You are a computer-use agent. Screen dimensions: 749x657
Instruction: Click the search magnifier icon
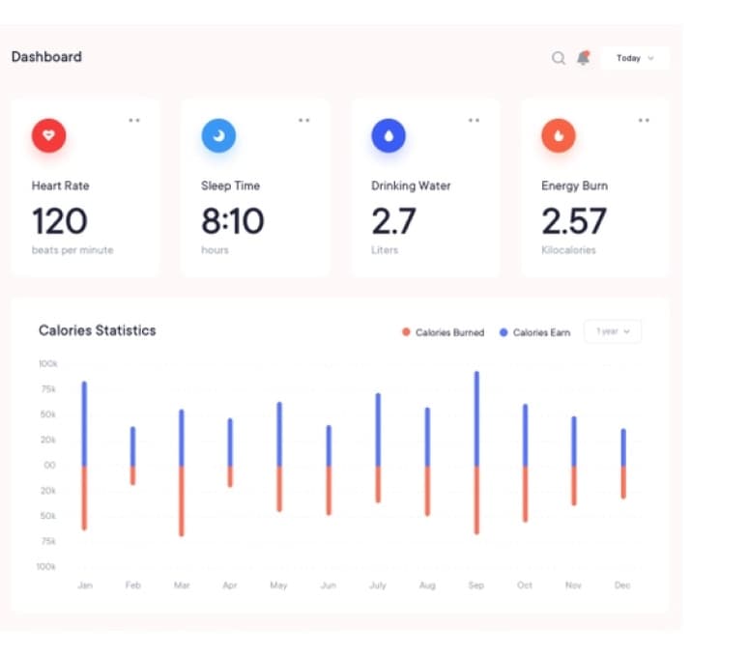coord(559,58)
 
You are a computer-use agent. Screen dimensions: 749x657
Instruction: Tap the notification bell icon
coord(583,58)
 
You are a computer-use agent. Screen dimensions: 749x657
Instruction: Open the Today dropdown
coord(635,58)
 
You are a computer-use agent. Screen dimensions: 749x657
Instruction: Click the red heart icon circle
coord(48,135)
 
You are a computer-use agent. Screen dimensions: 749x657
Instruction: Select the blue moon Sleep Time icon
coord(218,135)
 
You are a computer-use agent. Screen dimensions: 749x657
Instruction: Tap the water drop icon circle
coord(389,135)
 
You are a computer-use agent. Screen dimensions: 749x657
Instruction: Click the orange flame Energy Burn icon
coord(559,135)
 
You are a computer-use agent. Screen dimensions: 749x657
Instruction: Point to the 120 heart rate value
coord(60,221)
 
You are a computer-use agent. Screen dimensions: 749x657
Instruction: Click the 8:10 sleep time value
coord(233,221)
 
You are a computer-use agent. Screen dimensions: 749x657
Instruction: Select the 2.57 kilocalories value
coord(574,221)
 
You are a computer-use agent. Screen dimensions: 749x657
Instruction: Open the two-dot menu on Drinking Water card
coord(474,121)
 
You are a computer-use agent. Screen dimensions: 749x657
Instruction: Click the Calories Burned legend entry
coord(444,332)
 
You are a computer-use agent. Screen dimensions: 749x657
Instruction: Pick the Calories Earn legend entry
coord(535,332)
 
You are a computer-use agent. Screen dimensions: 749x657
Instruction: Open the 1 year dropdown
coord(613,331)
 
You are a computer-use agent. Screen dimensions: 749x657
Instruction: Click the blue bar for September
coord(476,418)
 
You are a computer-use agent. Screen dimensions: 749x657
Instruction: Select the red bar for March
coord(182,501)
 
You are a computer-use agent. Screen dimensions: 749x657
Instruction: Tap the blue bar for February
coord(132,446)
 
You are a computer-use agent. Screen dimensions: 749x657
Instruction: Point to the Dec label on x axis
coord(622,585)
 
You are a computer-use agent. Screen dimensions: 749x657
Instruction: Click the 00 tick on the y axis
coord(49,465)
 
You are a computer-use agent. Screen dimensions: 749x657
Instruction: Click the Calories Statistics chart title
coord(98,330)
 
